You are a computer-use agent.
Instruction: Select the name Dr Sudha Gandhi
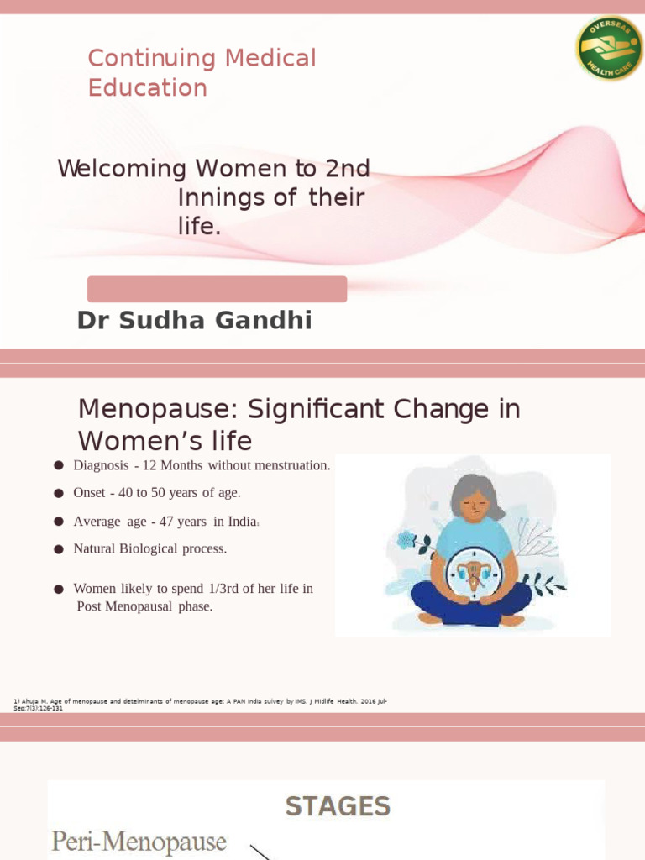[x=194, y=320]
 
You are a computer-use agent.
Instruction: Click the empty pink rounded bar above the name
[x=217, y=289]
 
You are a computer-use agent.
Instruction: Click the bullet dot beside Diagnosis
[x=59, y=466]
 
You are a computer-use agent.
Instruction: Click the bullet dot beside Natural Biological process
[x=59, y=549]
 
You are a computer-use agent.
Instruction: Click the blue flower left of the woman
[x=408, y=539]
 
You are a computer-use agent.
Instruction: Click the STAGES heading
[x=338, y=807]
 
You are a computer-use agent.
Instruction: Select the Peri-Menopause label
[x=139, y=842]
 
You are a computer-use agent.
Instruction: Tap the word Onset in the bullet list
[x=90, y=493]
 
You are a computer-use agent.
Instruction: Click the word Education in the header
[x=147, y=88]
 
